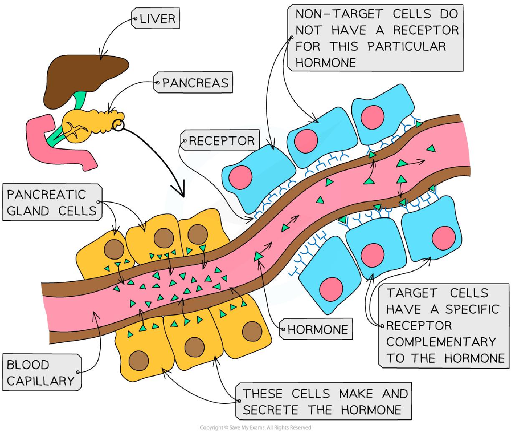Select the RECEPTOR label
pos(221,140)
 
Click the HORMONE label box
pos(317,329)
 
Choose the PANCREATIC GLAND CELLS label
pos(52,202)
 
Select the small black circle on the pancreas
pos(118,124)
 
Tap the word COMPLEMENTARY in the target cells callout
pos(441,341)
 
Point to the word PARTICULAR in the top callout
pos(407,46)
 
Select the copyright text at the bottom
pos(256,428)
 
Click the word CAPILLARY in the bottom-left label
pos(40,380)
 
